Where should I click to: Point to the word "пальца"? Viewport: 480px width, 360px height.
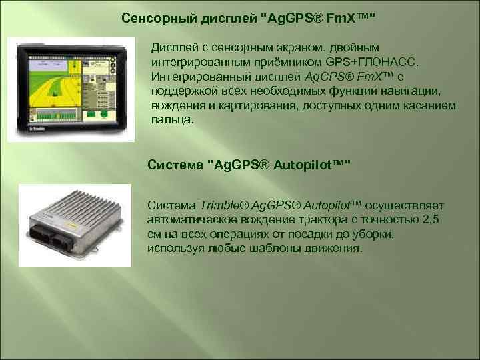tap(172, 121)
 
